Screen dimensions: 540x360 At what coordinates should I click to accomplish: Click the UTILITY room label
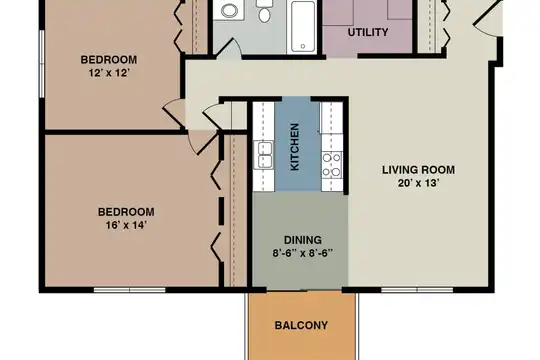click(368, 32)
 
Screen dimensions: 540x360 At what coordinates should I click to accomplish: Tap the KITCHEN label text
click(295, 147)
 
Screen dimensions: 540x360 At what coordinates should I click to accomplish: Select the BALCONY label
click(301, 325)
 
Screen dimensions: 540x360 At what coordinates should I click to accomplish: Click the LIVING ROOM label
click(418, 170)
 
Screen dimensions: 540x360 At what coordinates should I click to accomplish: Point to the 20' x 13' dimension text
click(418, 183)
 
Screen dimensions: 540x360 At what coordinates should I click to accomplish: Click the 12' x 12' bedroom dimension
click(109, 73)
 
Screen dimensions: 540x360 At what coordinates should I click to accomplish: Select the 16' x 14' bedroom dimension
click(126, 225)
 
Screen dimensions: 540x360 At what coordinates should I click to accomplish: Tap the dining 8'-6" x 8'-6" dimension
click(303, 254)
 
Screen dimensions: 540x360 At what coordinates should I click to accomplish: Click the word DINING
click(303, 240)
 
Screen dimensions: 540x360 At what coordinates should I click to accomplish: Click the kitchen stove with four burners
click(332, 165)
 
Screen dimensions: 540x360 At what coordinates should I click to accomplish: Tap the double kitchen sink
click(264, 155)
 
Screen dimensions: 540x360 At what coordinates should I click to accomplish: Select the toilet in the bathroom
click(264, 10)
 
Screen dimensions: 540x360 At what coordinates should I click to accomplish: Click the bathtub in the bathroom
click(303, 27)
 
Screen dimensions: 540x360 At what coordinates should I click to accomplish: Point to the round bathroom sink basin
click(229, 10)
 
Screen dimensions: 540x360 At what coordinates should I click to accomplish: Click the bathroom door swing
click(228, 47)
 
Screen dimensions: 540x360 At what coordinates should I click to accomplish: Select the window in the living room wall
click(417, 290)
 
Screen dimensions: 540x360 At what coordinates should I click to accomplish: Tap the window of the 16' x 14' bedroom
click(129, 290)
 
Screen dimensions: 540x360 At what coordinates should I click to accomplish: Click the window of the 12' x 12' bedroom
click(42, 64)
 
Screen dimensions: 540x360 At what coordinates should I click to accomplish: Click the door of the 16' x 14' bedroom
click(204, 142)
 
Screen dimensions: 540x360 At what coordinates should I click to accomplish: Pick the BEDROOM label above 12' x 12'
click(109, 60)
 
